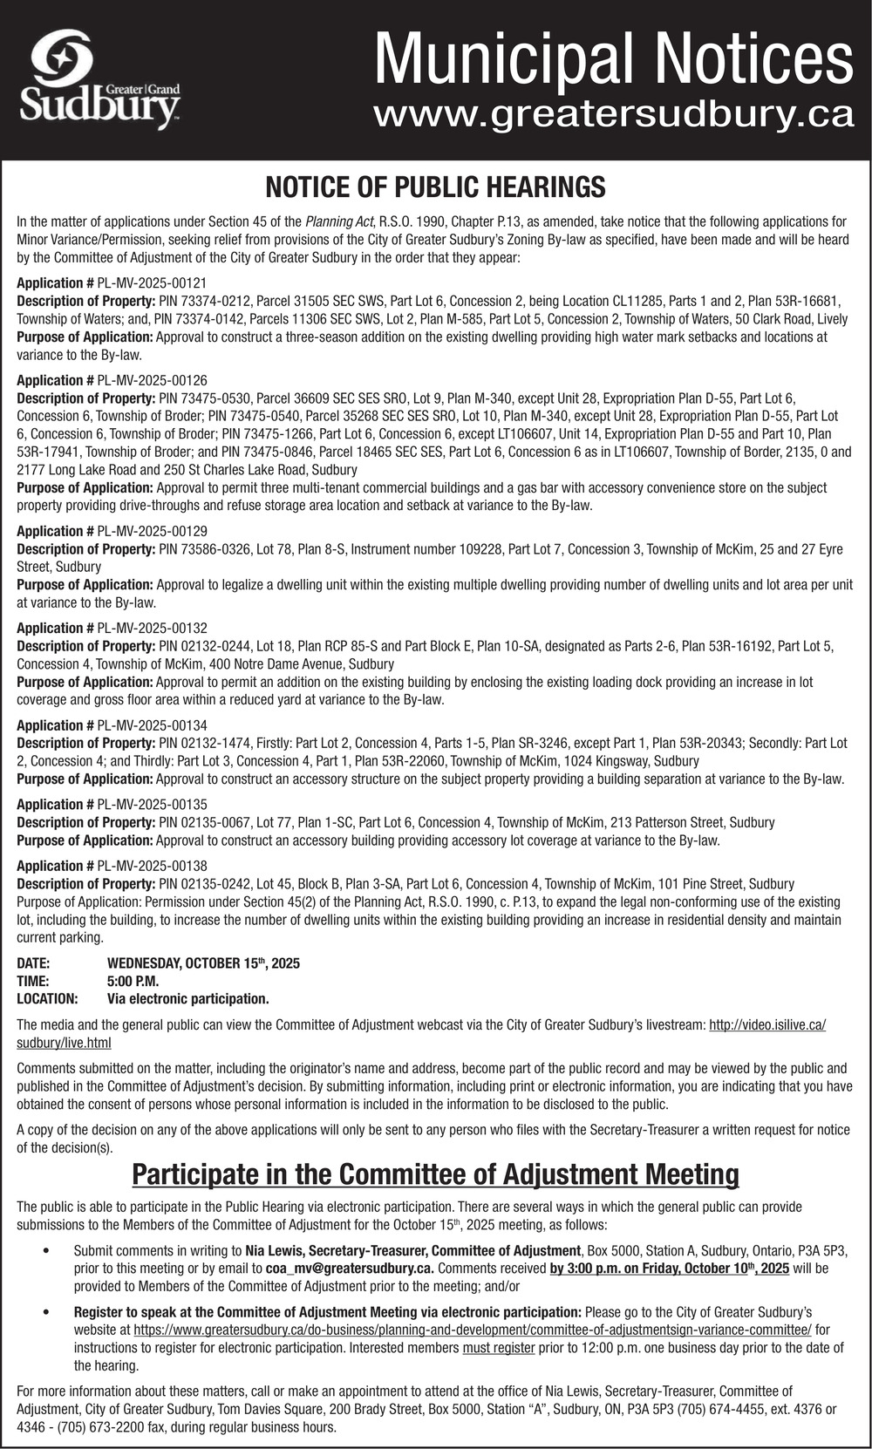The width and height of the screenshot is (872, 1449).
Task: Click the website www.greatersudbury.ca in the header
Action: point(612,114)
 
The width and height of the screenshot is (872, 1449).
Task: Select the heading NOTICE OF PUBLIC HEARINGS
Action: point(435,187)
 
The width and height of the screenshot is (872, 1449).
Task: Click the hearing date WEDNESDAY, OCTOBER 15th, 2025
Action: point(203,963)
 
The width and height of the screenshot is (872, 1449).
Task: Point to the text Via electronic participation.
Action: point(187,998)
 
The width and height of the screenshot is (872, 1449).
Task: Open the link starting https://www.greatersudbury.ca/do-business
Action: point(472,1330)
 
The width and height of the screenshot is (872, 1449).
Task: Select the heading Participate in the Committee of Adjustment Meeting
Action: point(435,1174)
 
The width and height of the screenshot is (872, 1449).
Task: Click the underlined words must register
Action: point(498,1348)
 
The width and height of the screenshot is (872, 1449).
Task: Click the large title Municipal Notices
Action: point(614,57)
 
